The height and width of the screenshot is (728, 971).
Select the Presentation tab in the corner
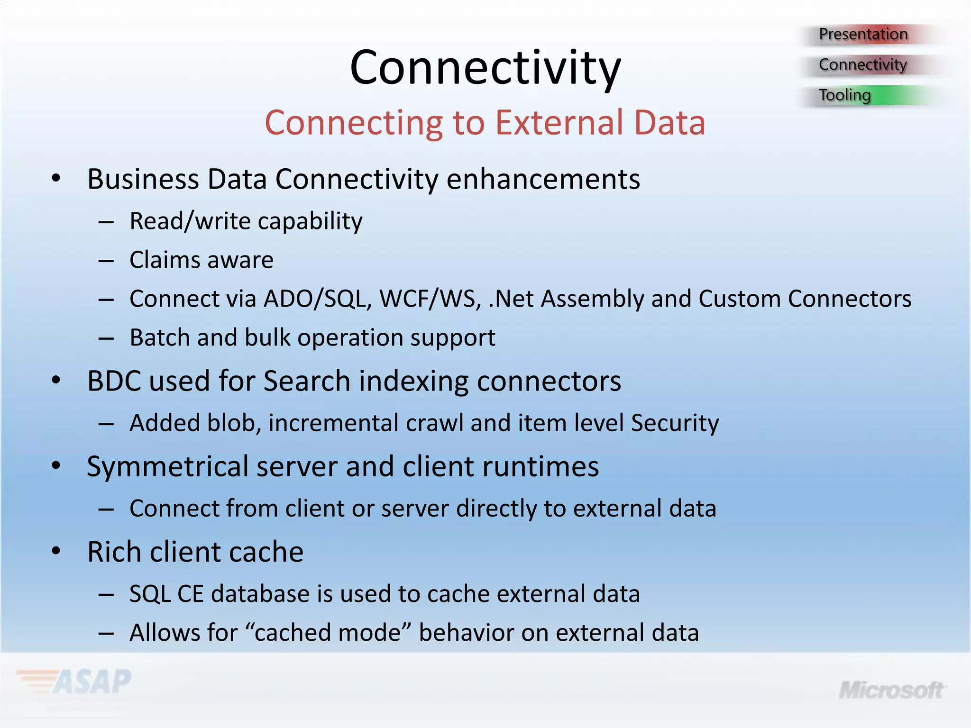[x=863, y=34]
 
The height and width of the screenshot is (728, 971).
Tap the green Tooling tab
[x=845, y=95]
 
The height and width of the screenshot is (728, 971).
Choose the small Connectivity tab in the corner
[x=863, y=64]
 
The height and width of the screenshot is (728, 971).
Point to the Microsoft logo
[x=891, y=690]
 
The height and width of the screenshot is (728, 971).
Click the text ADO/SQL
[x=318, y=299]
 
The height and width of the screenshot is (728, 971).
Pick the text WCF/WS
[x=431, y=299]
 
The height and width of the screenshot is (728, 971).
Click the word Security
[x=675, y=423]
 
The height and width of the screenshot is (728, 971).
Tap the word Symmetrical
[x=168, y=467]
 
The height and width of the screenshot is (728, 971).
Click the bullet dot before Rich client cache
[x=56, y=551]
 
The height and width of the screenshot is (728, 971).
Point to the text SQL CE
[x=166, y=594]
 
